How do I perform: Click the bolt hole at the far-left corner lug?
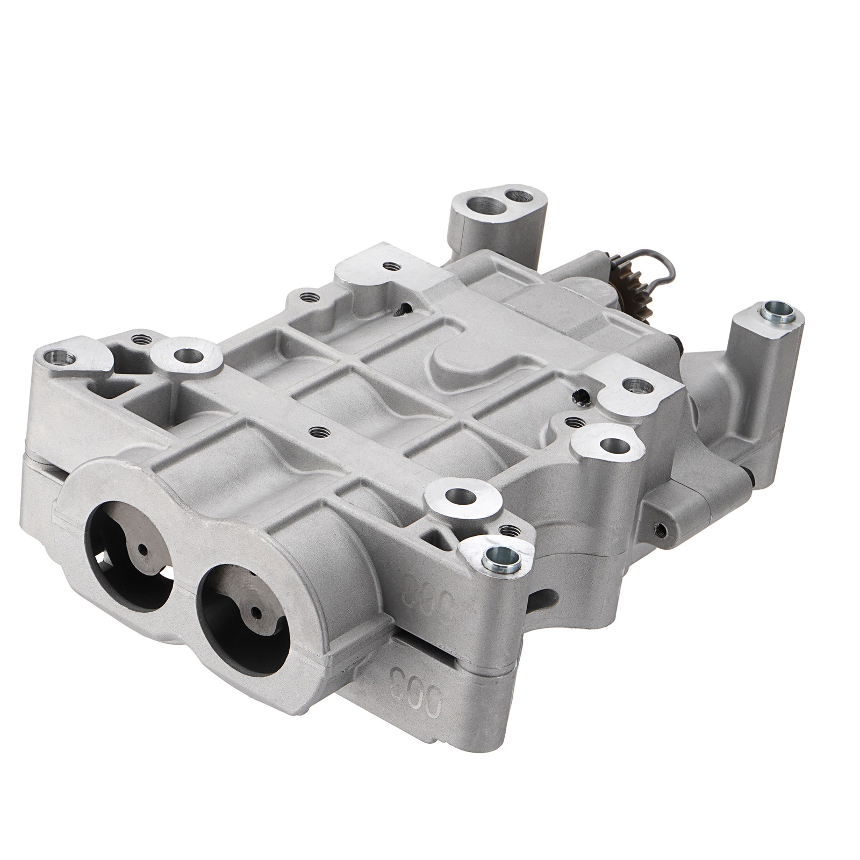click(57, 355)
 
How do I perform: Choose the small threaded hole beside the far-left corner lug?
click(141, 339)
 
